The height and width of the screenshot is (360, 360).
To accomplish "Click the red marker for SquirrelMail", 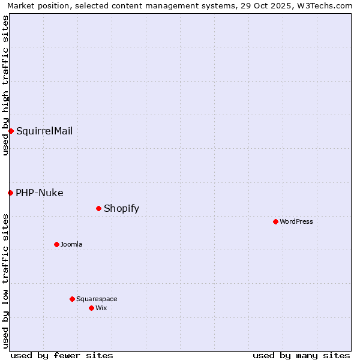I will coord(11,131).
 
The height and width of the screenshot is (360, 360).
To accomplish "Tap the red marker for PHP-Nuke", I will coord(10,193).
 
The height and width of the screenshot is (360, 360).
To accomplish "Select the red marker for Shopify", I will coord(98,208).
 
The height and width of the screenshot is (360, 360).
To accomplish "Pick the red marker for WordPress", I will coord(275,221).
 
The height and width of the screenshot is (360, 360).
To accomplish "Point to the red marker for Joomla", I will coord(56,244).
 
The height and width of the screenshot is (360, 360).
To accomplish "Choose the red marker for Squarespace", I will coord(72,299).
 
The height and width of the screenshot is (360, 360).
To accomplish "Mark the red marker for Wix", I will coord(91,308).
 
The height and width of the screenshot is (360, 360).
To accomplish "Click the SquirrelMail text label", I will coord(44,131).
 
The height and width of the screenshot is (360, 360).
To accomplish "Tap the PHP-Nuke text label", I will coord(40,193).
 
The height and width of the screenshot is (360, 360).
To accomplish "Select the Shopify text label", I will coord(121,208).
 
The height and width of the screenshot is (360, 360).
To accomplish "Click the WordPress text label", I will coord(296,221).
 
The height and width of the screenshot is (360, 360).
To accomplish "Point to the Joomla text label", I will coord(71,244).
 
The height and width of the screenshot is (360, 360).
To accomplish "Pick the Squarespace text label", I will coord(97,299).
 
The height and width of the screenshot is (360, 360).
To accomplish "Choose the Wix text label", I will coord(101,308).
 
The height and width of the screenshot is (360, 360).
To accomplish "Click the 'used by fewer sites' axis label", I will coord(62,355).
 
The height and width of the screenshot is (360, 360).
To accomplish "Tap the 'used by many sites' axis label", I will coord(301,355).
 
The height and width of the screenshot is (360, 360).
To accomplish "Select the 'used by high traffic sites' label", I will coord(5,85).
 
